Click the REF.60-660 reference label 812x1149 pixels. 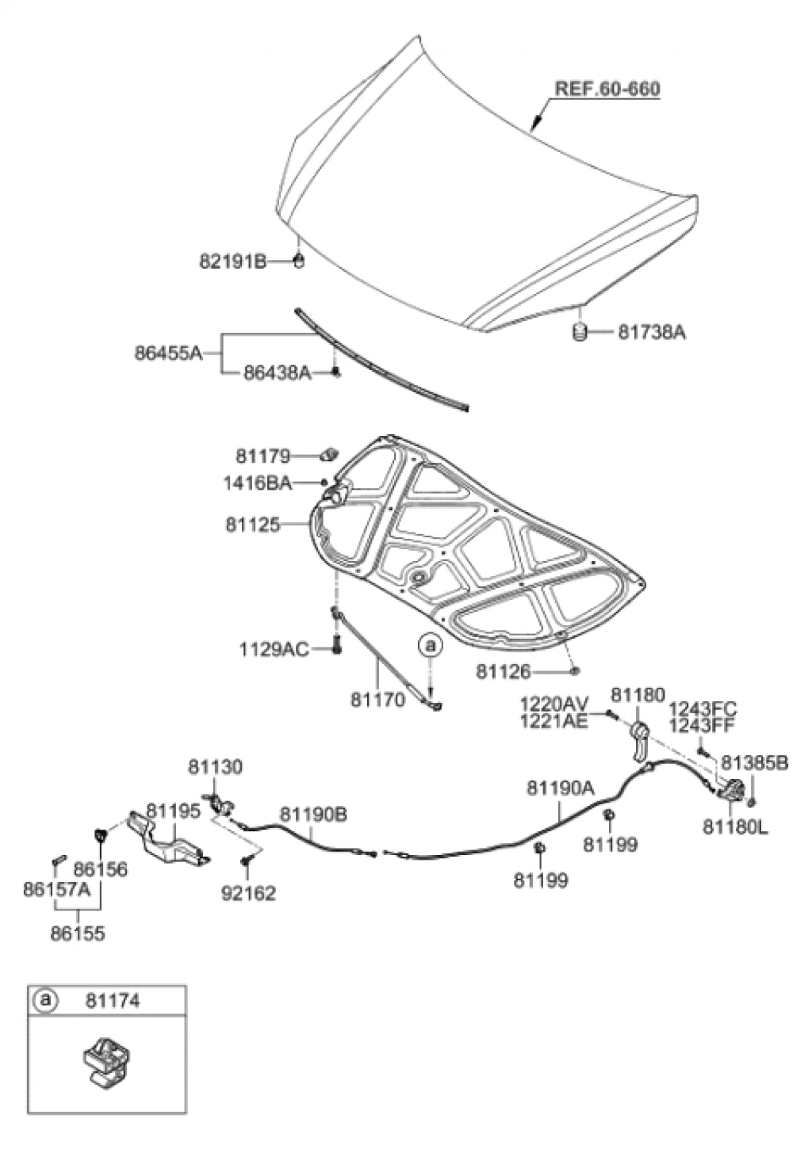click(x=607, y=89)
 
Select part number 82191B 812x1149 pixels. click(x=232, y=261)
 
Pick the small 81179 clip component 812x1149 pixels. click(x=329, y=455)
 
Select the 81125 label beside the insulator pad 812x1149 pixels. click(x=253, y=525)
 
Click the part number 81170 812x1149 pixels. click(x=377, y=700)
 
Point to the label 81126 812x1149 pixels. click(x=503, y=672)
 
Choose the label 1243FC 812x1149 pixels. click(x=703, y=708)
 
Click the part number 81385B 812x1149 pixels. click(x=754, y=762)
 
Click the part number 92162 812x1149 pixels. click(x=248, y=894)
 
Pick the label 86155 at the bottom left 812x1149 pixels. click(x=78, y=933)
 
